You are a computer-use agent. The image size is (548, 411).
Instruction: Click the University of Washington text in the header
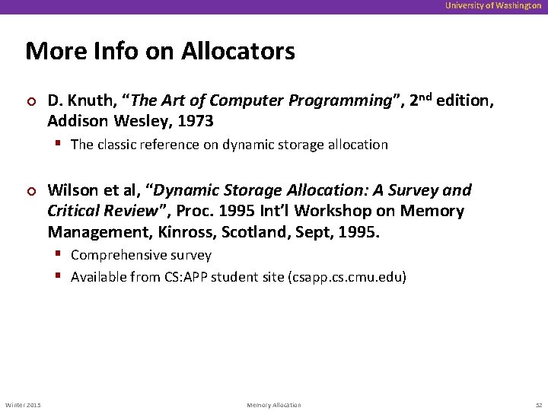coord(493,5)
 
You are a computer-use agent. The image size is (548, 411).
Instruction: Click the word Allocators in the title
coord(238,51)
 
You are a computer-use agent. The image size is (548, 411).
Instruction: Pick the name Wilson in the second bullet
coord(73,190)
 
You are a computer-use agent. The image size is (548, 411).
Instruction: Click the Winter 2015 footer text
coord(24,405)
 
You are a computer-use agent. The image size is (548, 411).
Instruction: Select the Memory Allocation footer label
coord(274,405)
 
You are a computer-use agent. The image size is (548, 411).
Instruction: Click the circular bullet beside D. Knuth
coord(30,101)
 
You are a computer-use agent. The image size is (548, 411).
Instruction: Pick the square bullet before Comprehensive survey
coord(59,255)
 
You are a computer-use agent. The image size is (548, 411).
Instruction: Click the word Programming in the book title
coord(348,100)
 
